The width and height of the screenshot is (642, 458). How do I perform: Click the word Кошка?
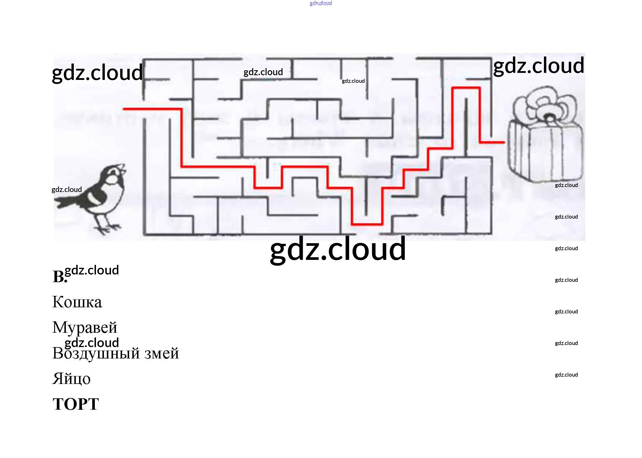click(77, 302)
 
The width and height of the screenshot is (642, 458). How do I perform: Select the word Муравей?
click(85, 327)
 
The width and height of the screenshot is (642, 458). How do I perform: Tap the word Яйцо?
click(71, 379)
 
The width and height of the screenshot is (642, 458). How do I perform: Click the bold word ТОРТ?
click(76, 404)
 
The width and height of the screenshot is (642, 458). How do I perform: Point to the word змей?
click(161, 353)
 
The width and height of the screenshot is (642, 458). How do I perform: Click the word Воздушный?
click(96, 353)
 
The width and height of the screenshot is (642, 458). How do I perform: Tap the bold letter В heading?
click(59, 277)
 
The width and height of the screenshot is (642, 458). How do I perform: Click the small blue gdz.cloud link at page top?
click(321, 3)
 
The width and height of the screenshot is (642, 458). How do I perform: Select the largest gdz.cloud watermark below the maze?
click(338, 249)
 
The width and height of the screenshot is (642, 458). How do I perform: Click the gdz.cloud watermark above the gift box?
click(539, 66)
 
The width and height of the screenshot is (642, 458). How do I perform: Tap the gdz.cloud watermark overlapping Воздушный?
click(92, 342)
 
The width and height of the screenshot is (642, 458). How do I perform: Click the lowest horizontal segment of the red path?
click(367, 224)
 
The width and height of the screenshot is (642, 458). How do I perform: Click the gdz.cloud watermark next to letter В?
click(92, 270)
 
